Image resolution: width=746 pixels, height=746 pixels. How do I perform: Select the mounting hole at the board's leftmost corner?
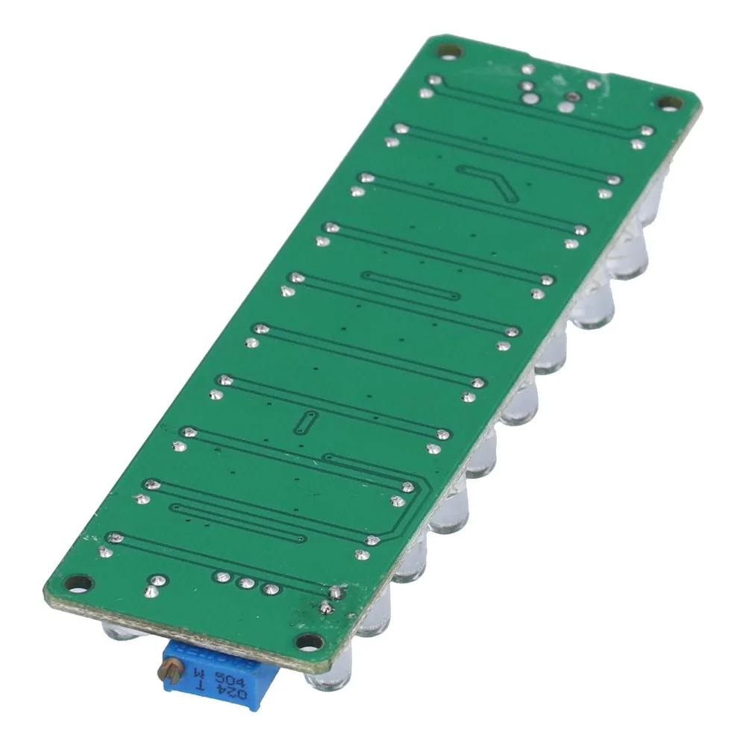(75, 582)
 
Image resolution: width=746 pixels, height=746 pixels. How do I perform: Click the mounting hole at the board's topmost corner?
(448, 51)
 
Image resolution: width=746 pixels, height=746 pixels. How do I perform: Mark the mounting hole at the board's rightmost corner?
(664, 104)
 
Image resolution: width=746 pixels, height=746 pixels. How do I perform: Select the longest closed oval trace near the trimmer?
(239, 522)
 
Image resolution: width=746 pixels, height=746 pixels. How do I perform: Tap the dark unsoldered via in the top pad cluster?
(571, 96)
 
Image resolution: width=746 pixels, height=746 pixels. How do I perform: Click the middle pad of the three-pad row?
(245, 583)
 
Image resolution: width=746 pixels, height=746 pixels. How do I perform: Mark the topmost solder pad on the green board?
(527, 70)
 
